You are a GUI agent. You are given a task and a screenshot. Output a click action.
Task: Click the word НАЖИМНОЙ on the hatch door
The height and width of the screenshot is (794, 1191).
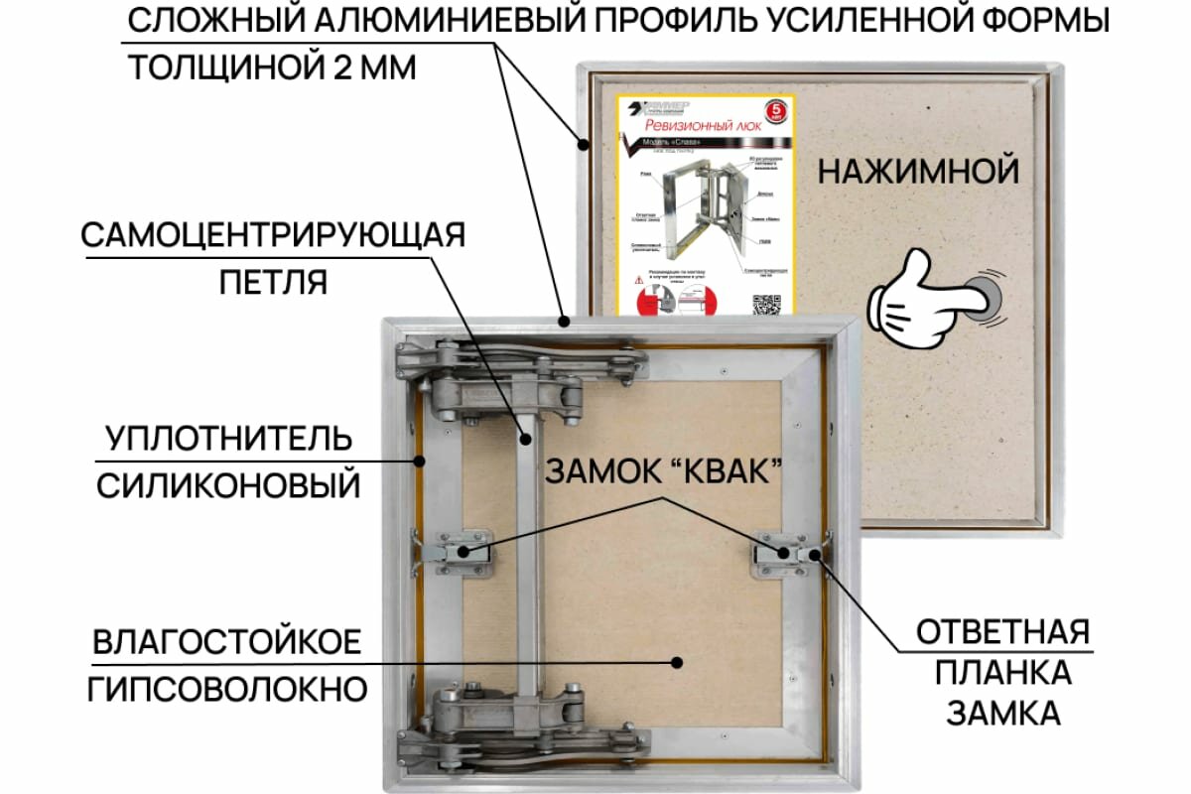[918, 171]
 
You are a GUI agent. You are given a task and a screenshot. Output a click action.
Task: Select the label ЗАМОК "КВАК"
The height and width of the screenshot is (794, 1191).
[659, 472]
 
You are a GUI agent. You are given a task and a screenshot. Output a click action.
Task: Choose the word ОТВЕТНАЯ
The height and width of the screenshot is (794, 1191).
[1002, 631]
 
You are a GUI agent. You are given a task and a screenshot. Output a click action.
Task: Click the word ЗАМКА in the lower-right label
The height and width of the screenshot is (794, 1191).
[1002, 714]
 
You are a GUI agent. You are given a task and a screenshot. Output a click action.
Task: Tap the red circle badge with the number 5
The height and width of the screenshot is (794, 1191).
[780, 109]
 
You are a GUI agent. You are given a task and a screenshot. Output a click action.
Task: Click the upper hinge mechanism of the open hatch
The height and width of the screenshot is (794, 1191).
[516, 377]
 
